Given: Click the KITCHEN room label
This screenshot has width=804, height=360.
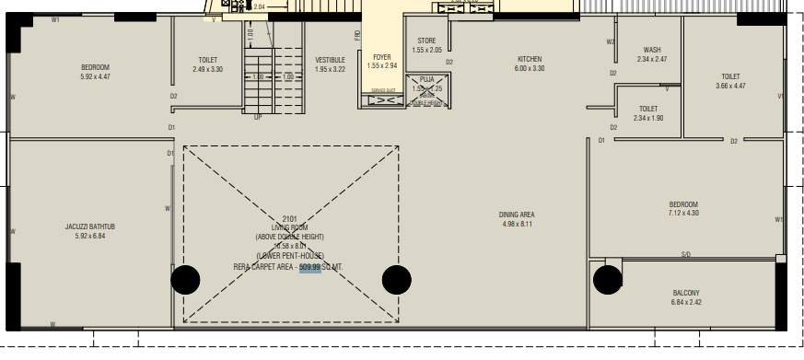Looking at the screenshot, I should (530, 59).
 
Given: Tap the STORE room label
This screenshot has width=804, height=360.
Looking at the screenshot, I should (426, 41).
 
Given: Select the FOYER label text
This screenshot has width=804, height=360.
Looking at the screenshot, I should (381, 57).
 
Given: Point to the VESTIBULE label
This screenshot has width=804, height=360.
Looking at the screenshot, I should (330, 60).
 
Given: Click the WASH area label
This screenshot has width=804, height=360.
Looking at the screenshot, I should (652, 50).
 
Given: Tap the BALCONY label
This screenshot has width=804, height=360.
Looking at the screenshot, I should (685, 293).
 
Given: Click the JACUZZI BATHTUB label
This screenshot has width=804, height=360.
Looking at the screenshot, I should (89, 226).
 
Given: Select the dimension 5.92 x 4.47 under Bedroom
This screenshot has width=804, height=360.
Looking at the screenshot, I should (95, 77).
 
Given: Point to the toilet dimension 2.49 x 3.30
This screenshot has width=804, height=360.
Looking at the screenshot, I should (207, 69).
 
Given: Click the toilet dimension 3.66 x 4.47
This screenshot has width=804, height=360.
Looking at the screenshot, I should (730, 87).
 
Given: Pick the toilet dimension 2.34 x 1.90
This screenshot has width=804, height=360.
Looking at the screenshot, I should (648, 118).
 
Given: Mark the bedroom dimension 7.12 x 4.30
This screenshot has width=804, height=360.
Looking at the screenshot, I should (682, 214).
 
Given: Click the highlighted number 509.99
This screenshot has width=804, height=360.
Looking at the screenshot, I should (309, 267).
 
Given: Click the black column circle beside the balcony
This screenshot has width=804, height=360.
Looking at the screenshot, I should (607, 279).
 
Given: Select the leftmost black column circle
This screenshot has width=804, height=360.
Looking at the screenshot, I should (185, 279).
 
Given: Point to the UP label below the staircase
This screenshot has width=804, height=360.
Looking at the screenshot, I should (258, 117).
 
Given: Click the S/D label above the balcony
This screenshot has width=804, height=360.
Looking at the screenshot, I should (686, 254).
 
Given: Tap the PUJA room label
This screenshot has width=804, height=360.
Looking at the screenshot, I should (426, 80).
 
